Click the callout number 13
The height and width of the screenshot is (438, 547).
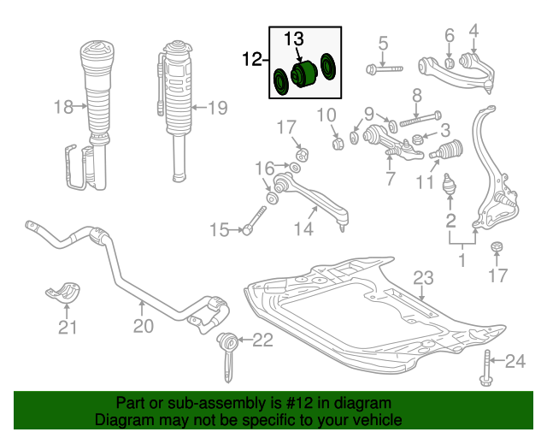[x=294, y=38]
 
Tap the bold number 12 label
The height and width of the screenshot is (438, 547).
[x=252, y=59]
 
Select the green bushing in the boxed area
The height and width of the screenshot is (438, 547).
[x=303, y=74]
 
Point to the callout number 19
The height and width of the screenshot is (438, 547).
[x=218, y=108]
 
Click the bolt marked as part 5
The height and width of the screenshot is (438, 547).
[x=384, y=68]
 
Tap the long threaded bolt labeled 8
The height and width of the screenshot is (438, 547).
[x=421, y=119]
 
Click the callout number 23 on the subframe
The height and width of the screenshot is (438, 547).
[x=423, y=278]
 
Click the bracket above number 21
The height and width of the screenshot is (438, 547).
[x=63, y=290]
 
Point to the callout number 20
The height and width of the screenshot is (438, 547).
[x=144, y=326]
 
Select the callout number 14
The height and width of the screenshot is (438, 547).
[x=304, y=229]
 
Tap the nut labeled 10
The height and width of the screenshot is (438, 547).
[x=337, y=143]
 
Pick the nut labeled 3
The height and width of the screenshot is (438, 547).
[x=416, y=139]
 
